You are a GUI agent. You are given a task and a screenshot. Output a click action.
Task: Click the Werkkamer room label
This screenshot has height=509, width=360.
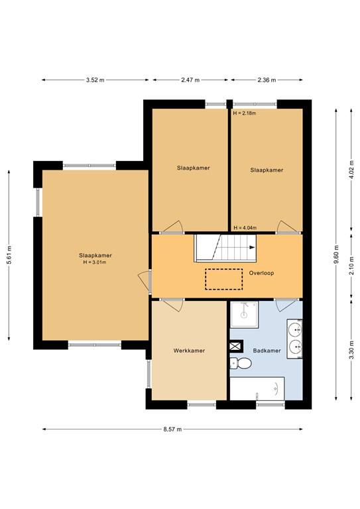[188, 350]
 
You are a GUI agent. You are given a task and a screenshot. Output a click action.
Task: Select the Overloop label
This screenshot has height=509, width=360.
[262, 272]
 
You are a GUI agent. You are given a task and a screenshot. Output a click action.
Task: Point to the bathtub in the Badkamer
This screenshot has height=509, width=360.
[257, 388]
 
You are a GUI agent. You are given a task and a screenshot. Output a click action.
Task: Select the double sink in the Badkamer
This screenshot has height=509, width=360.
[295, 337]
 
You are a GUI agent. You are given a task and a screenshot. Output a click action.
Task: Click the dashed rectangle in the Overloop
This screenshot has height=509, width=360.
[224, 279]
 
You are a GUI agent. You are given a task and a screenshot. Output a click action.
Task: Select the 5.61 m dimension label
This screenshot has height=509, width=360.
[9, 254]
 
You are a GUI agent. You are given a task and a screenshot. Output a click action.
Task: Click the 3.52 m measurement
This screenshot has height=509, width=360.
[95, 80]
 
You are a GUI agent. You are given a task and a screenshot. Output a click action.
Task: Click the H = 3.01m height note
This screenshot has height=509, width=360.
[95, 262]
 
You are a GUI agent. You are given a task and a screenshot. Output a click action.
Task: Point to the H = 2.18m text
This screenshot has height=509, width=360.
[245, 113]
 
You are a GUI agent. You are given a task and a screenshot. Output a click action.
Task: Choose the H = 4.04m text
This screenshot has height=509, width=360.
[245, 227]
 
